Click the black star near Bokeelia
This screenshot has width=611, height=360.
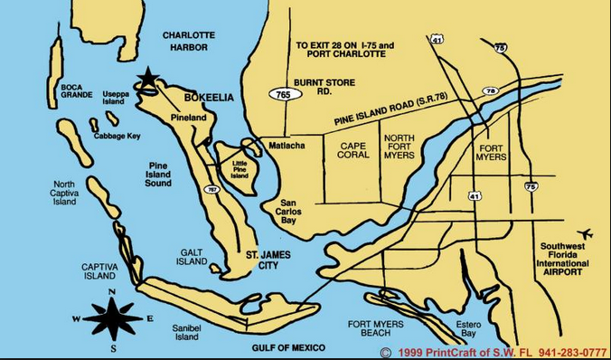[146, 79]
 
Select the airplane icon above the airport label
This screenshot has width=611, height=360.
[583, 232]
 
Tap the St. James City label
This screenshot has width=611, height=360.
[268, 261]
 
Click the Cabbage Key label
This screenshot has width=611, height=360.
[115, 137]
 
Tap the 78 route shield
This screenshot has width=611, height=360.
[490, 91]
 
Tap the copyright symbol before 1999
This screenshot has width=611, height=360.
[386, 352]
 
